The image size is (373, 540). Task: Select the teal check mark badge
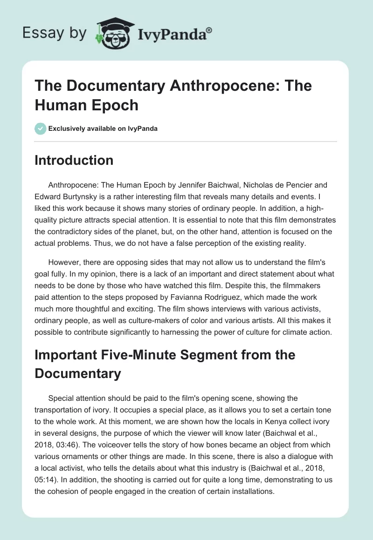tap(41, 128)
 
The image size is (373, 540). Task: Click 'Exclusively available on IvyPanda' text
tap(103, 129)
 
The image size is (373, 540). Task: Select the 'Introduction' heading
tap(74, 160)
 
